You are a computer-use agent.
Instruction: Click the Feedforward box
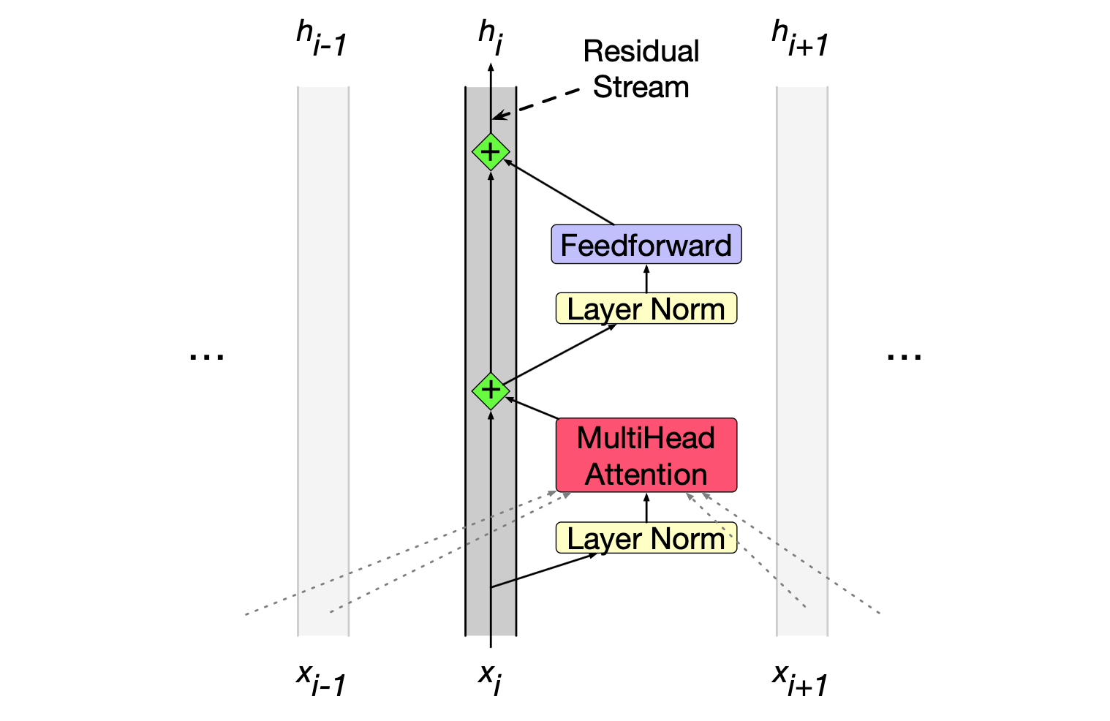tap(646, 244)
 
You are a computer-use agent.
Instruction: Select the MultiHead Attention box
tap(646, 455)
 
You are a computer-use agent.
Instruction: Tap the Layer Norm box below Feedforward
tap(646, 309)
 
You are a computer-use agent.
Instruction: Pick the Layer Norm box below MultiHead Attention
tap(646, 538)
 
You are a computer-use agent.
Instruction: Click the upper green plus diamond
tap(491, 152)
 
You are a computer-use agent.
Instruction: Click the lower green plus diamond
tap(491, 390)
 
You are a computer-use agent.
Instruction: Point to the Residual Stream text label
tap(641, 69)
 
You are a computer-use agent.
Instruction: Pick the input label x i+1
tap(800, 679)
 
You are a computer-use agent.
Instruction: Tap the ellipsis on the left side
tap(207, 356)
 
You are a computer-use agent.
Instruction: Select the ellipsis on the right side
tap(904, 356)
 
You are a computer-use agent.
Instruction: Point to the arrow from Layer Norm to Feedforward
tap(646, 279)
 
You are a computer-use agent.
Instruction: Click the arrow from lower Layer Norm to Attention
tap(646, 507)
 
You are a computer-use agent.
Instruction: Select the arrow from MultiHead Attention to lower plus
tap(532, 408)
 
